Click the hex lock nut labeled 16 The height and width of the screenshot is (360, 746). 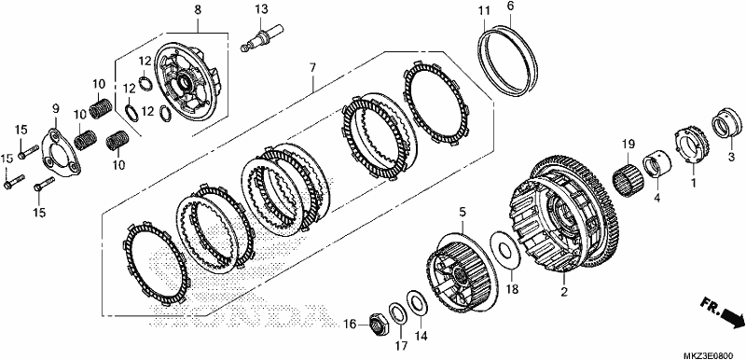[x=380, y=324]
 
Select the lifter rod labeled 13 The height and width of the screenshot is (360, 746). [x=262, y=38]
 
